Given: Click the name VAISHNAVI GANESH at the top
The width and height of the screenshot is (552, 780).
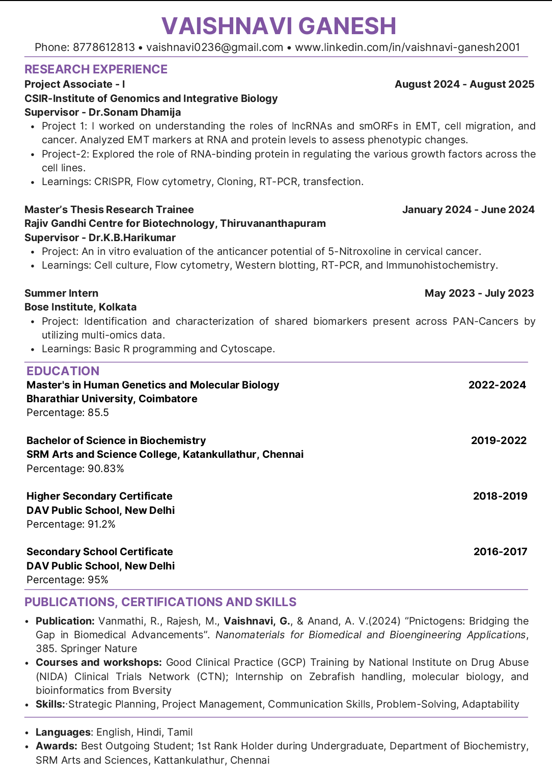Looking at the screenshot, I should click(279, 26).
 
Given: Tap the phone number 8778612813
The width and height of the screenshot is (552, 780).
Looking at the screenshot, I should click(104, 47).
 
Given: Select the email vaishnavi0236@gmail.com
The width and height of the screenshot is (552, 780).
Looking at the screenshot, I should click(214, 47).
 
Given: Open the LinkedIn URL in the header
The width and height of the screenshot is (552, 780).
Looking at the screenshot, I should click(407, 47).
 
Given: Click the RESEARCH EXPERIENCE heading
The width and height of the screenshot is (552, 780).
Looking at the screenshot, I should click(96, 69).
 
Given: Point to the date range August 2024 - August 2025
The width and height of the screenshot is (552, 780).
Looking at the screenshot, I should click(464, 84).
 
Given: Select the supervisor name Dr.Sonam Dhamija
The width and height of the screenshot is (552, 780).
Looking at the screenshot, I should click(134, 112).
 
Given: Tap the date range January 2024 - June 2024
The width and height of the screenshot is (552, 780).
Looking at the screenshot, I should click(468, 210).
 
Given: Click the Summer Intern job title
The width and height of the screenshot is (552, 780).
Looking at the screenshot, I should click(61, 293).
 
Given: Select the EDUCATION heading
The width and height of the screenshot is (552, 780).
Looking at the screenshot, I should click(63, 371).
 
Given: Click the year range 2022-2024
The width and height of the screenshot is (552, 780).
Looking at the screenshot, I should click(497, 385).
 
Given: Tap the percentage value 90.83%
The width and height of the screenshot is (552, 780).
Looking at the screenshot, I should click(106, 469).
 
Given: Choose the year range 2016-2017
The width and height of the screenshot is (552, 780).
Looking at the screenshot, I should click(500, 552).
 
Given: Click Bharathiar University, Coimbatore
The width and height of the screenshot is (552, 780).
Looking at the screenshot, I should click(112, 399).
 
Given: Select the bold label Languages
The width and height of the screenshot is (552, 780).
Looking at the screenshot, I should click(63, 732).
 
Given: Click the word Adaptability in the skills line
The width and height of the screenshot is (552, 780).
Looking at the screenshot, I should click(490, 704).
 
